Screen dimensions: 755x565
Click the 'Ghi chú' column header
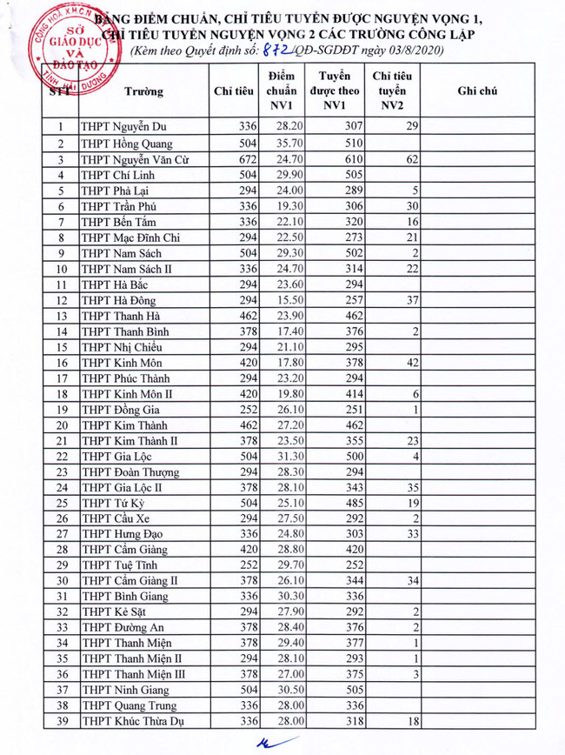click(477, 90)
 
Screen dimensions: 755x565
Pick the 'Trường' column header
click(144, 90)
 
